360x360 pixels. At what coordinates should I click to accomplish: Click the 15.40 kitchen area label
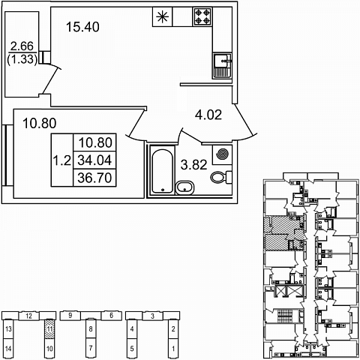pos(82,27)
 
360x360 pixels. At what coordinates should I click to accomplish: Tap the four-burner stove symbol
pos(202,16)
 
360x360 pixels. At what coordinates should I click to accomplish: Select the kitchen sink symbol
pos(222,66)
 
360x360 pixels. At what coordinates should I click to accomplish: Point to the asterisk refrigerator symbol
pos(163,16)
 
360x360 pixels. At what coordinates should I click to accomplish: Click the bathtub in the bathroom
pos(163,171)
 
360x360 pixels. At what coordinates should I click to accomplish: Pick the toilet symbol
pos(221,177)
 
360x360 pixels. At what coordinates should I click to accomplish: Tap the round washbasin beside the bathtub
pos(185,187)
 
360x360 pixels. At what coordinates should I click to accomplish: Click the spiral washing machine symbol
pos(222,154)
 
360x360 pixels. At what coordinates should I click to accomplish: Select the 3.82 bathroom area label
pos(194,165)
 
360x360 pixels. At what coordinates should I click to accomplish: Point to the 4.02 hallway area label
pos(208,115)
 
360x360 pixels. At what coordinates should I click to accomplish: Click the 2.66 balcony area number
pos(22,46)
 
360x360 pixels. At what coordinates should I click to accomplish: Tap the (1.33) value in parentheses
pos(22,59)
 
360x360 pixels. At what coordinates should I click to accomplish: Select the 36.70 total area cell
pos(94,178)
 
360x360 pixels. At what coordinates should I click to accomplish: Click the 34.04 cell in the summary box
pos(94,160)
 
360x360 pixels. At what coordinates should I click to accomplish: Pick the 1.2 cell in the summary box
pos(62,160)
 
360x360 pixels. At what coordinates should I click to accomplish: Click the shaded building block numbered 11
pos(49,329)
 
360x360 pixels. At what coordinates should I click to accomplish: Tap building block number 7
pos(91,348)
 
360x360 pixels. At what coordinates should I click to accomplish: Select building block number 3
pos(153,316)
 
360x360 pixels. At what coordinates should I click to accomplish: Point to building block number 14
pos(8,348)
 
